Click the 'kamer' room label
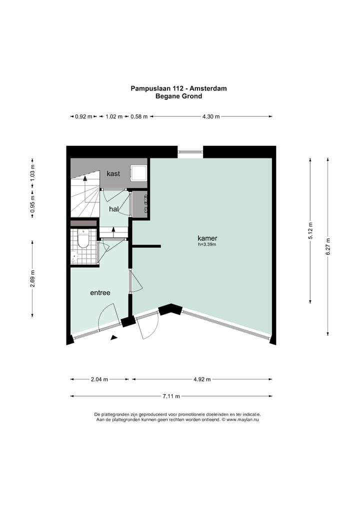pos(207,238)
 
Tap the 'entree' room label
pos(100,293)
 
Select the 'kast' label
pos(113,173)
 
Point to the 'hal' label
pos(113,209)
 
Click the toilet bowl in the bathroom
pos(83,239)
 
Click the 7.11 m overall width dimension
pos(171,396)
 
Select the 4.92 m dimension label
pos(202,379)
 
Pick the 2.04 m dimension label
pos(99,379)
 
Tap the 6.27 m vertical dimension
pos(328,247)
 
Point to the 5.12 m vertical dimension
pos(310,231)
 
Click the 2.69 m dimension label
pos(32,279)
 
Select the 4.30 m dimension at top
pos(211,116)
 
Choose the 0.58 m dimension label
pos(139,116)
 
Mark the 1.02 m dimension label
pos(114,116)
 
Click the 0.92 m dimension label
pos(83,116)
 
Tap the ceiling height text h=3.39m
pos(207,245)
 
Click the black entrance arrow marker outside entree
pos(113,338)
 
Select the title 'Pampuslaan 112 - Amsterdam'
pos(178,88)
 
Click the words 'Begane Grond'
pos(178,96)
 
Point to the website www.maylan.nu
pos(242,420)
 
